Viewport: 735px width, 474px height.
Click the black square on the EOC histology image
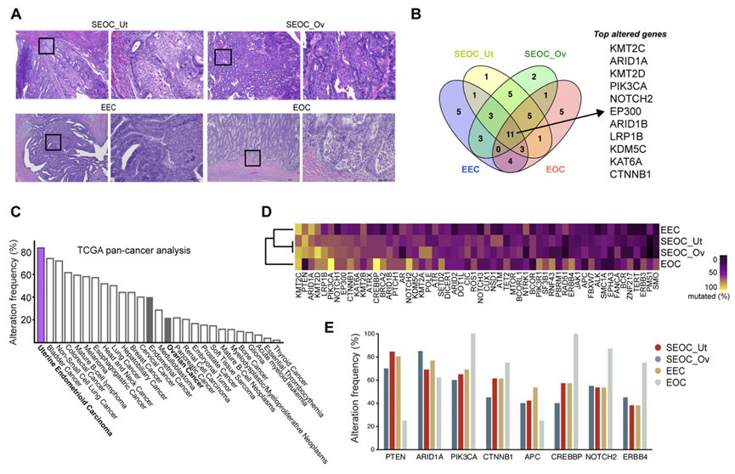[x=252, y=158]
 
